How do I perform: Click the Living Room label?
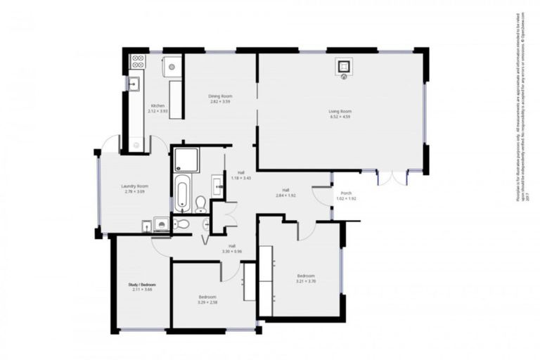[340, 111]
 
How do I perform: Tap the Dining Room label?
[220, 96]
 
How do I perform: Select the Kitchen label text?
[157, 105]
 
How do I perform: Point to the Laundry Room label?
[134, 186]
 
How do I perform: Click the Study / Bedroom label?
[142, 285]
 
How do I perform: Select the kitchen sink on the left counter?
[133, 84]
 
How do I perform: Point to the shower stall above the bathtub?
[186, 160]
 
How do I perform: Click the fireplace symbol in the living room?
[344, 67]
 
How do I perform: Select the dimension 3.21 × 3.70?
[305, 282]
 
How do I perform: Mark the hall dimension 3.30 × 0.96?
[232, 251]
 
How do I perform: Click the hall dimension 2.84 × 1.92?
[286, 196]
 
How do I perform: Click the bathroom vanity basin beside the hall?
[217, 187]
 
